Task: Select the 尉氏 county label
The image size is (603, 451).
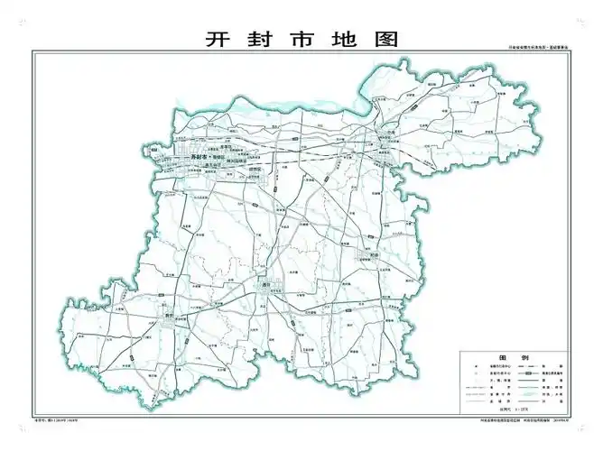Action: pos(169,315)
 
